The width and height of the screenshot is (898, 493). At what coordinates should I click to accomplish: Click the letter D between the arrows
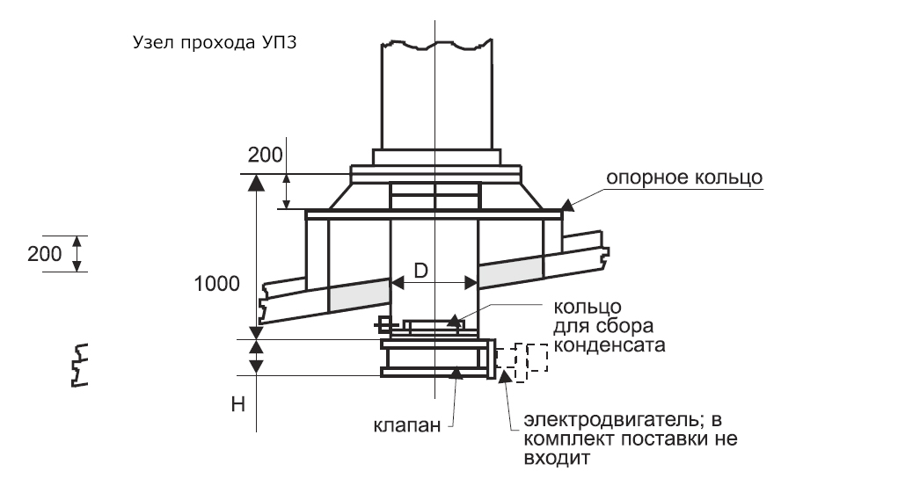421,272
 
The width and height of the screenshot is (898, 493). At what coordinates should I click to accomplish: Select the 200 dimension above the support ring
265,156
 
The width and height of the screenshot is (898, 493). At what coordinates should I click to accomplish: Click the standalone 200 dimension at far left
44,253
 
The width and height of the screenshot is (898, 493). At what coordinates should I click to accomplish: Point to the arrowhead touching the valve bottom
456,372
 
